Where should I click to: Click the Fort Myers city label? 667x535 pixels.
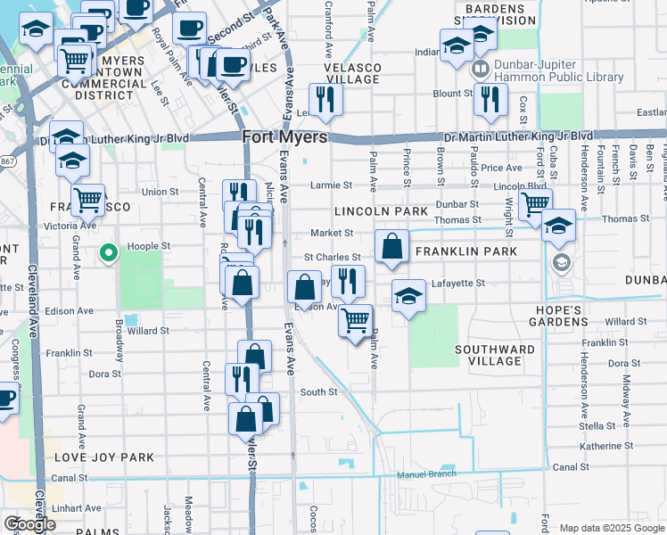285,137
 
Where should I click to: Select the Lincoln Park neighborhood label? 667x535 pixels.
382,211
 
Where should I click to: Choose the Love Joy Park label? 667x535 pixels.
104,457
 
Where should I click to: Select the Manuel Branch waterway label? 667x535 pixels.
426,474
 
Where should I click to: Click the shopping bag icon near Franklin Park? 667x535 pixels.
391,246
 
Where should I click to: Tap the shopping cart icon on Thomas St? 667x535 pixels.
535,204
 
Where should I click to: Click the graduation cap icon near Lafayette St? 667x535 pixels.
408,295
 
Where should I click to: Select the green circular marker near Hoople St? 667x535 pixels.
109,254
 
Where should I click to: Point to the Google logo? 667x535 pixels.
29,524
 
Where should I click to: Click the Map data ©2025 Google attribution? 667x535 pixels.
611,528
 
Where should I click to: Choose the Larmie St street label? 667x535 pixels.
331,185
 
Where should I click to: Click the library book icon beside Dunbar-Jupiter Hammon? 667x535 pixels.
481,68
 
